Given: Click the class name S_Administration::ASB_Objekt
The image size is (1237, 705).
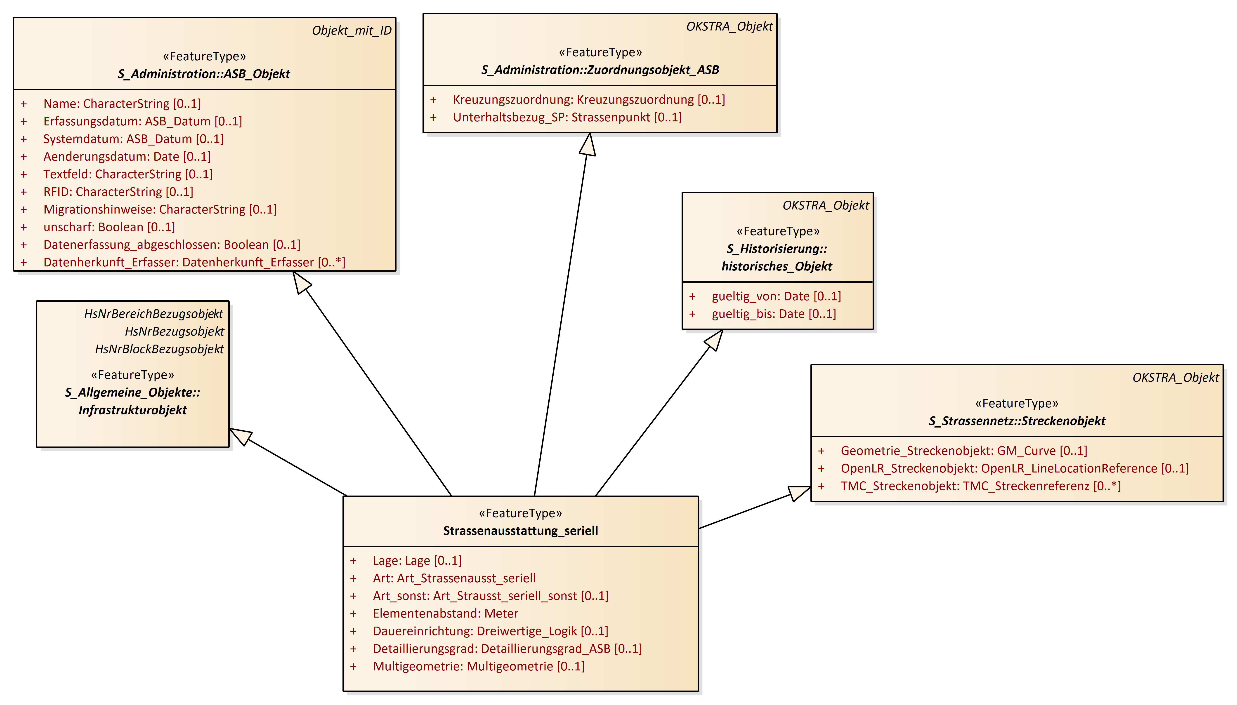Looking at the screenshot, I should click(204, 74).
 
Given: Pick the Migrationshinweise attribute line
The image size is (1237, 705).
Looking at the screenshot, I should click(160, 209).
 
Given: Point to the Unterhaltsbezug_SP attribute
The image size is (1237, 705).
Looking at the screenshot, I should click(567, 117).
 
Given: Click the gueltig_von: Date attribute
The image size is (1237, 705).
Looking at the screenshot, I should click(776, 296).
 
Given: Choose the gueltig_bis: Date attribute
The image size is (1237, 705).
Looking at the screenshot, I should click(774, 314).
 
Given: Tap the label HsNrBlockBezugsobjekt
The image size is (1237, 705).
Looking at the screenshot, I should click(159, 349).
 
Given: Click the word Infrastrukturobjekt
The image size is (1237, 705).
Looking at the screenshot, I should click(133, 410).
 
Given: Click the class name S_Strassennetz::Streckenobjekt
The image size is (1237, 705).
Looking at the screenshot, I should click(1017, 421).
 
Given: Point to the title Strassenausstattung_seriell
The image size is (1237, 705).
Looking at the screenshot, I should click(521, 531).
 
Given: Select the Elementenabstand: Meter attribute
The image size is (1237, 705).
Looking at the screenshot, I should click(445, 613).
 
